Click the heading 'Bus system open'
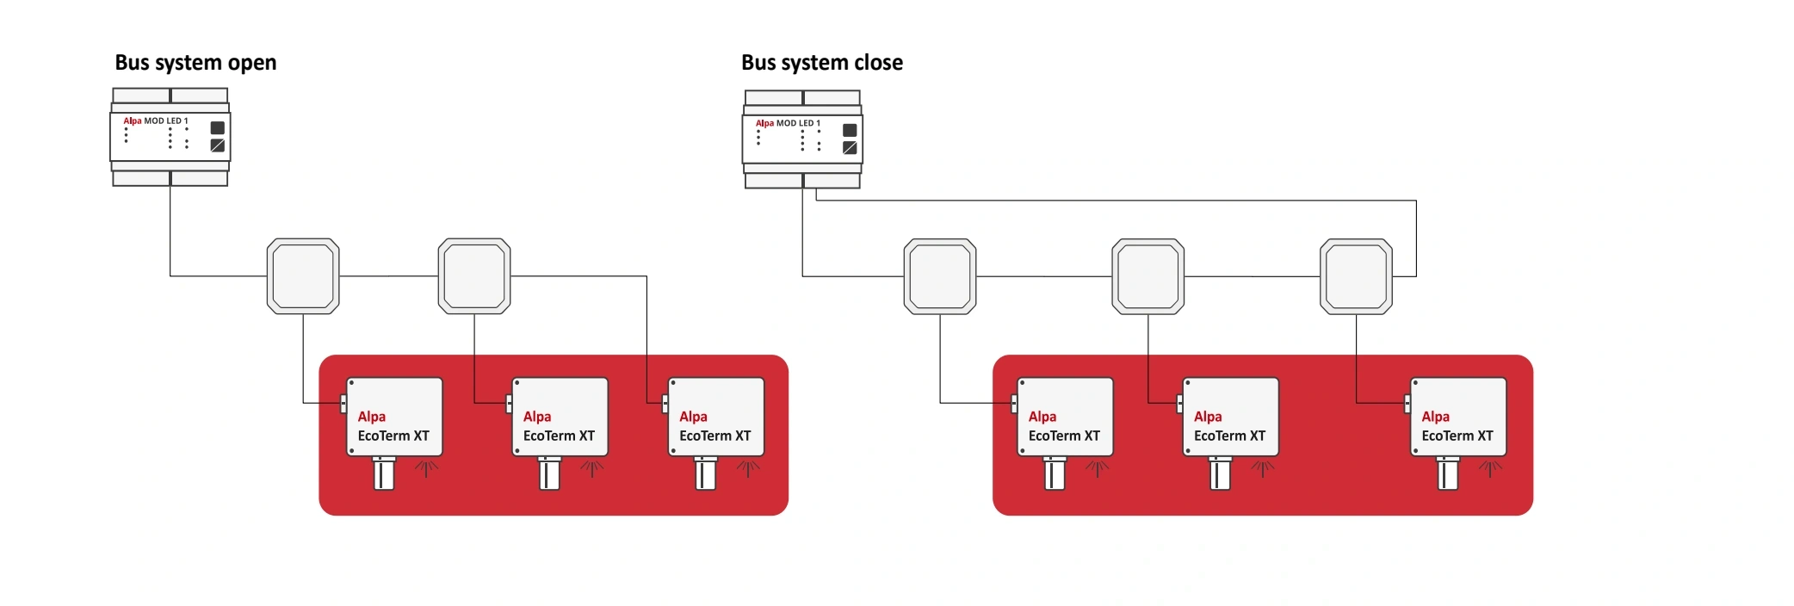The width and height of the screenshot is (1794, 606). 195,63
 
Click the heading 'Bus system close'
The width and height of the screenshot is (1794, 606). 821,63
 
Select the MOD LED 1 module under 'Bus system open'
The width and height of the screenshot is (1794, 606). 170,136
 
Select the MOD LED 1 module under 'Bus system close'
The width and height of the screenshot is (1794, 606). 802,139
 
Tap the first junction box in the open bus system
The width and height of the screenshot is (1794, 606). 303,276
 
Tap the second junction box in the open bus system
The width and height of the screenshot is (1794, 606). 474,276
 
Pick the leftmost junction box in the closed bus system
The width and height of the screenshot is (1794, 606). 940,276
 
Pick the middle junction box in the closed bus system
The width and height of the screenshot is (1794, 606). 1148,276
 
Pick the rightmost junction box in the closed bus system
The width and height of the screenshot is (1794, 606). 1356,276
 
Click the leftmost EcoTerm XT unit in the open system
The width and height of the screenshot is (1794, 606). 394,417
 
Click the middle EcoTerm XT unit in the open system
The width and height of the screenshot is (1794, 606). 560,417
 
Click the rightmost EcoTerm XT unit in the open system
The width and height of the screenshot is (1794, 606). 716,417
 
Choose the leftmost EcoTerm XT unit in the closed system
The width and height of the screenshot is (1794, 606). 1065,417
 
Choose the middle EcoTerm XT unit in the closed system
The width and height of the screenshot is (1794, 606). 1230,417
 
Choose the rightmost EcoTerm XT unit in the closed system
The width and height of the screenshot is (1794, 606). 1458,417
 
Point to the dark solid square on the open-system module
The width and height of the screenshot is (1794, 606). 218,127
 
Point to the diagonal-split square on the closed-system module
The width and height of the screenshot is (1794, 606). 850,148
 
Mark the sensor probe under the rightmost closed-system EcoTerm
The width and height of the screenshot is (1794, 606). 1448,473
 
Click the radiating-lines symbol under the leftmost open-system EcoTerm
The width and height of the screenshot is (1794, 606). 426,469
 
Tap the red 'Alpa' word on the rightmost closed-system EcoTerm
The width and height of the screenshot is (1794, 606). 1435,417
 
